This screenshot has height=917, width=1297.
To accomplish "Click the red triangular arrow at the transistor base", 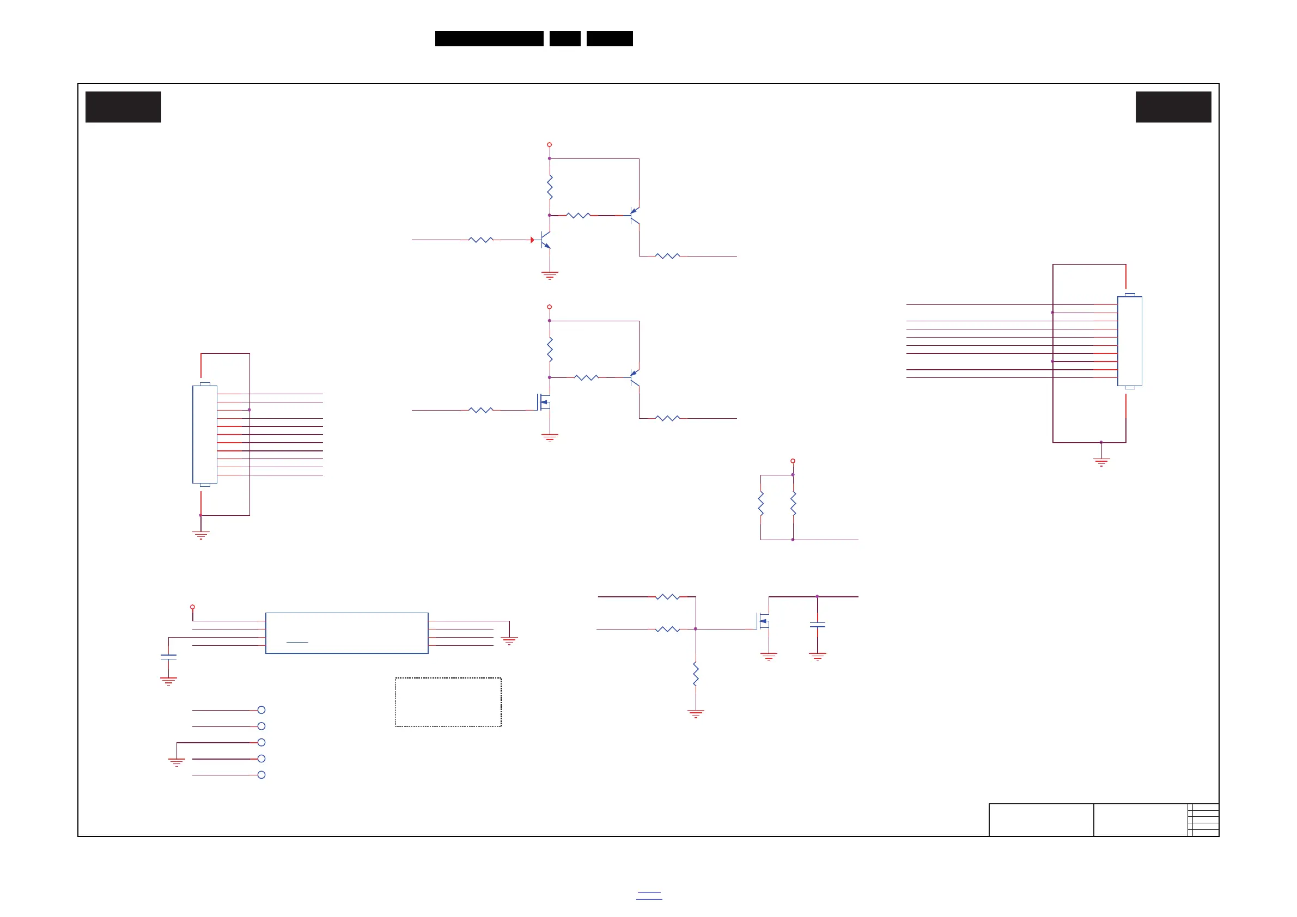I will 532,240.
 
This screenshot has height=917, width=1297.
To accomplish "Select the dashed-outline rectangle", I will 448,702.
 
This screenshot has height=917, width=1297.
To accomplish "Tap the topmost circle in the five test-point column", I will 261,710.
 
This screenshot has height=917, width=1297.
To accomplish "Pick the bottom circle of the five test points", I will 261,775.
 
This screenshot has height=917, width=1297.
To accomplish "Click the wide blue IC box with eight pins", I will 346,633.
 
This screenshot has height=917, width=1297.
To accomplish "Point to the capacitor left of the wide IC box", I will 168,657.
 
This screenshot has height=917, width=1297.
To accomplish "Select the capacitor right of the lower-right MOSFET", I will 817,625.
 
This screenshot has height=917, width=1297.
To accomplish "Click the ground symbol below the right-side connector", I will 1101,461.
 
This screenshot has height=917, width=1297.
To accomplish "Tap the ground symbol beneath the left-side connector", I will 200,534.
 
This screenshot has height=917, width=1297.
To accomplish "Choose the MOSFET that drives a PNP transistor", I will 543,402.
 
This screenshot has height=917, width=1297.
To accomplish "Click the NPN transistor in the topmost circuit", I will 545,240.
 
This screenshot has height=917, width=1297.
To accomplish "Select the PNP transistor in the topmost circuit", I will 635,215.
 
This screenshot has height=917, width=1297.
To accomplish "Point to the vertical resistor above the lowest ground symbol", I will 696,674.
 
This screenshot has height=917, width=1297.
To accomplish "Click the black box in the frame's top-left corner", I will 123,107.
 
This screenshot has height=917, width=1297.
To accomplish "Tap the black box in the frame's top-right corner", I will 1173,107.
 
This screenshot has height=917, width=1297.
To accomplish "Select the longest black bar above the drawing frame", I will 489,39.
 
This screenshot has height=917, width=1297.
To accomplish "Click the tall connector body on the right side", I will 1129,341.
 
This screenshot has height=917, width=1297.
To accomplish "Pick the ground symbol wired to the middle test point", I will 177,762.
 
